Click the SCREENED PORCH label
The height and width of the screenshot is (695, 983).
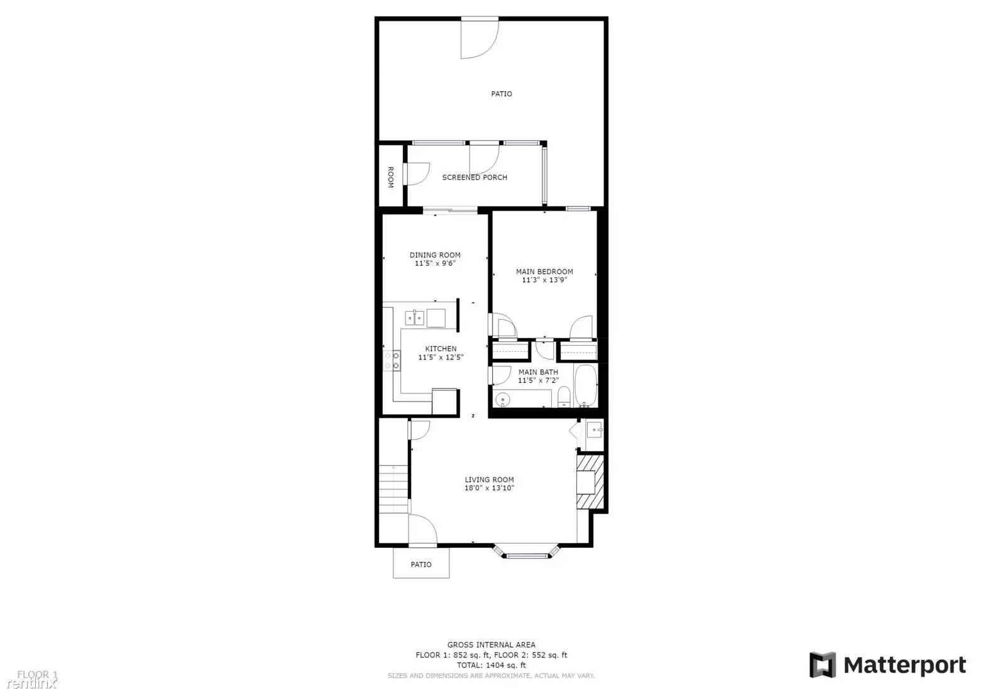tap(475, 177)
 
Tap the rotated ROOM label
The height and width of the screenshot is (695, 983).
tap(390, 177)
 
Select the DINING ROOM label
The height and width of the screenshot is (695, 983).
tap(435, 255)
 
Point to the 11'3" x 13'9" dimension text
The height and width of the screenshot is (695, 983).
tap(544, 280)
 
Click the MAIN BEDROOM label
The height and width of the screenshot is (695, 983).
tap(544, 272)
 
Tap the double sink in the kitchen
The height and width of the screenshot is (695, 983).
tap(414, 317)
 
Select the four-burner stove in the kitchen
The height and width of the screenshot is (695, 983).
tap(392, 360)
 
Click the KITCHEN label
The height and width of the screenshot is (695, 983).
tap(441, 349)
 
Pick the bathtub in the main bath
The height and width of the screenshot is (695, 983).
tap(585, 385)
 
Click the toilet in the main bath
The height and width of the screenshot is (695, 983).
tap(564, 397)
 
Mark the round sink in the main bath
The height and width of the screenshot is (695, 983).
tap(503, 399)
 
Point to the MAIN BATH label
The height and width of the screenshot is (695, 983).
tap(538, 372)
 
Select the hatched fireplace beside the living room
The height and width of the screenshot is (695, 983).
tap(590, 481)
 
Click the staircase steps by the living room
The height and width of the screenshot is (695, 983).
tap(393, 488)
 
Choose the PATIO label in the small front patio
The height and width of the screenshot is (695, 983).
tap(421, 564)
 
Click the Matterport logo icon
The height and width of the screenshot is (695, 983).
tap(822, 665)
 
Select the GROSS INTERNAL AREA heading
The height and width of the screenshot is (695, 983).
tap(491, 645)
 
